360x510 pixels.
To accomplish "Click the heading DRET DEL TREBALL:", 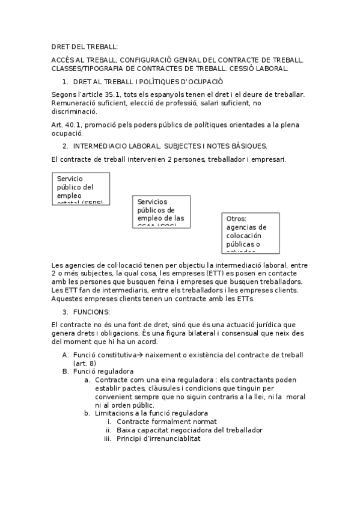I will [85, 47].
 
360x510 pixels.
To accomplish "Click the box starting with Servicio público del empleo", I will [81, 188].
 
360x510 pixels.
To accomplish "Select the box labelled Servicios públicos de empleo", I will [161, 211].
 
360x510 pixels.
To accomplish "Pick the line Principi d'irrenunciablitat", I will [159, 438].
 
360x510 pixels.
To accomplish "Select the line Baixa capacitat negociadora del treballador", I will [190, 430].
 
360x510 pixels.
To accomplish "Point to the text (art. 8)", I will [84, 364].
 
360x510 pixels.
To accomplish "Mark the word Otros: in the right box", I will [237, 219].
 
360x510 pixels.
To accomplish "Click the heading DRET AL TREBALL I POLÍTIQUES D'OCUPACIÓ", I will [148, 81].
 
